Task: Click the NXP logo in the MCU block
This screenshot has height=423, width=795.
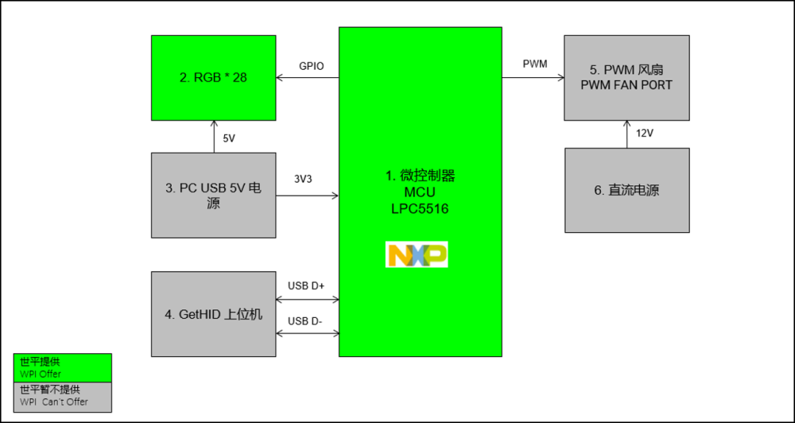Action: [417, 254]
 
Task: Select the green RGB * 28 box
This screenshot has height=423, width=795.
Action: [214, 78]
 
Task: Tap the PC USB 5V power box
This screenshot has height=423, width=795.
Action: [214, 196]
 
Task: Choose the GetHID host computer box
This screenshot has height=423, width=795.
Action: [214, 314]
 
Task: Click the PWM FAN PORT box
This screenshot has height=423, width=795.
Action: [626, 78]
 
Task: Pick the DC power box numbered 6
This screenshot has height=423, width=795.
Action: [626, 190]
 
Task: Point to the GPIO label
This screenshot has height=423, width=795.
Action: [311, 67]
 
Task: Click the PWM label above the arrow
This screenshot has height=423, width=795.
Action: [535, 64]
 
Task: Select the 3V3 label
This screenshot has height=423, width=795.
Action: [303, 179]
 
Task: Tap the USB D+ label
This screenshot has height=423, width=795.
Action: [306, 285]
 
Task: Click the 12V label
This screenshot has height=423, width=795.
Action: [644, 133]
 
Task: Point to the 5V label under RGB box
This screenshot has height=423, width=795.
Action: [229, 138]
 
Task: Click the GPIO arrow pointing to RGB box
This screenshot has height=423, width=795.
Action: [308, 78]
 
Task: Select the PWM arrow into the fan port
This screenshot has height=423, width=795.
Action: [533, 78]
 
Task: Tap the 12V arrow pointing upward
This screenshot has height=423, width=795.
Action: [627, 134]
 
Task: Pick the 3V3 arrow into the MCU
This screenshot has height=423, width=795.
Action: [308, 196]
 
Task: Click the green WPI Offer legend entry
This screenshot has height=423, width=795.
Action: [63, 367]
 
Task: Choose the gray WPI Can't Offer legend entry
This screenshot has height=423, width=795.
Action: [63, 396]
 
